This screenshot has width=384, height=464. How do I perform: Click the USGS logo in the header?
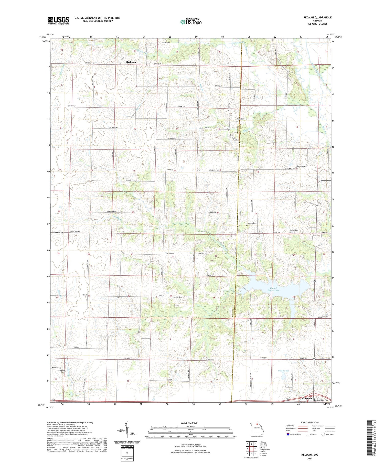tap(58, 20)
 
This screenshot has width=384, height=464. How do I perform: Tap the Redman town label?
tap(131, 62)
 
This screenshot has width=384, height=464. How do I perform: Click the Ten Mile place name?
tap(58, 232)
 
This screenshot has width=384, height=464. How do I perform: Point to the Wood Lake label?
tap(283, 371)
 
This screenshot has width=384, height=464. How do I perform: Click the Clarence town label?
tap(307, 398)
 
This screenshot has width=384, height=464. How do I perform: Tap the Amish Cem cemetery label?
tap(178, 297)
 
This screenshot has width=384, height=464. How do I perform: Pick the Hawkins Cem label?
tap(251, 223)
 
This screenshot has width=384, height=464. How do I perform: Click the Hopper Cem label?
tap(294, 230)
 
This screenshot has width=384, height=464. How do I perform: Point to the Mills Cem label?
tap(241, 119)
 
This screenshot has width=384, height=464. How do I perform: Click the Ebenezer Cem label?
tap(301, 166)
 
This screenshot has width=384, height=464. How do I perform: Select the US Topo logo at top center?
tap(191, 22)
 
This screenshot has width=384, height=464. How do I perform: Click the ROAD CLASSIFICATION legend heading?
tap(310, 422)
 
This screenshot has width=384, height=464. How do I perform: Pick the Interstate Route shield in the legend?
tap(288, 434)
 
